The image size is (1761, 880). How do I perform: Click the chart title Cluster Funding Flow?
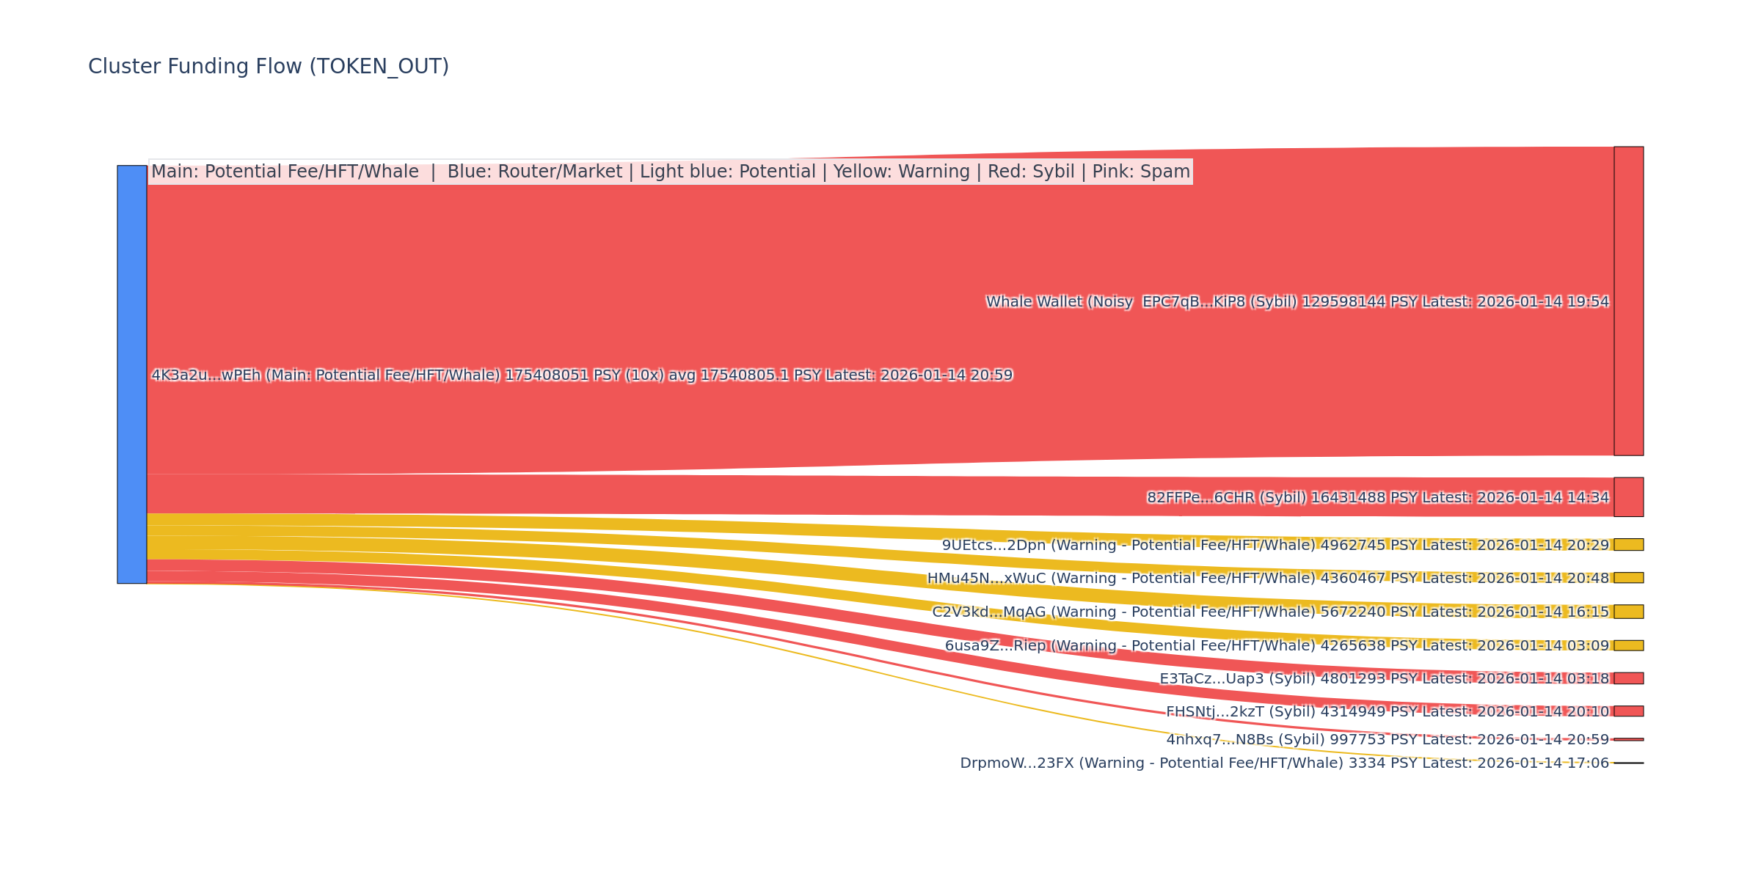268,67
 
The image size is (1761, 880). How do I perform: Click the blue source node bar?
132,374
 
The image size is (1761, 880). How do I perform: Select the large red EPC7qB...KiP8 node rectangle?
1628,301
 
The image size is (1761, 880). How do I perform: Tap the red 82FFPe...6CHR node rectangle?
1628,497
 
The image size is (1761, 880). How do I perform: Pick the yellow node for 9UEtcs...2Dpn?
1628,545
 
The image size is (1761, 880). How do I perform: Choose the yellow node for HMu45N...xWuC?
1628,578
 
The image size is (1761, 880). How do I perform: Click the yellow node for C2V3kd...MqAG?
1628,612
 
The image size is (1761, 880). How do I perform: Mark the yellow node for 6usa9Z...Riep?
1628,645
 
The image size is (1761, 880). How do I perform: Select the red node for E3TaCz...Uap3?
1628,678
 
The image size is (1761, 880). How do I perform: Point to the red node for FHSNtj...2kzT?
1628,711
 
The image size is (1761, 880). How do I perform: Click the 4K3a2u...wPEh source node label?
581,375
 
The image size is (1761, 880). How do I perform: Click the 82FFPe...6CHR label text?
1377,498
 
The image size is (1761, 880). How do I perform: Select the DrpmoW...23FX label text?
1284,763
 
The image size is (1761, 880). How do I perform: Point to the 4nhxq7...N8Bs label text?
1387,740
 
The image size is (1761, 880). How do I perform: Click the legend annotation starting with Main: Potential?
670,172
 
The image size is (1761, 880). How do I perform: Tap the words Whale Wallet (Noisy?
1059,302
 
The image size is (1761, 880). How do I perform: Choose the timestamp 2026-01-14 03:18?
1542,679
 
